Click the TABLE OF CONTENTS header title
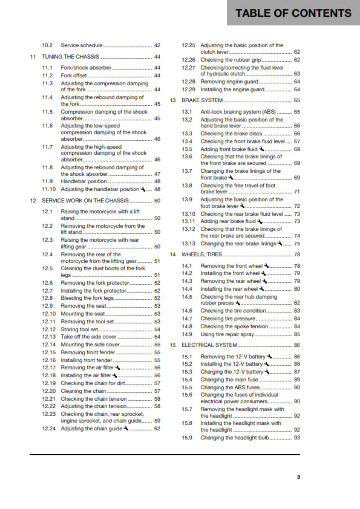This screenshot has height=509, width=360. pos(293,13)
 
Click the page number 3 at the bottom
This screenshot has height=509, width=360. pos(298,477)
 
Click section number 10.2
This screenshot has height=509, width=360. pos(48,45)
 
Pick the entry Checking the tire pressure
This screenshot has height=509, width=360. pos(229,319)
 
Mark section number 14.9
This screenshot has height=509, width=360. pos(187,334)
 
